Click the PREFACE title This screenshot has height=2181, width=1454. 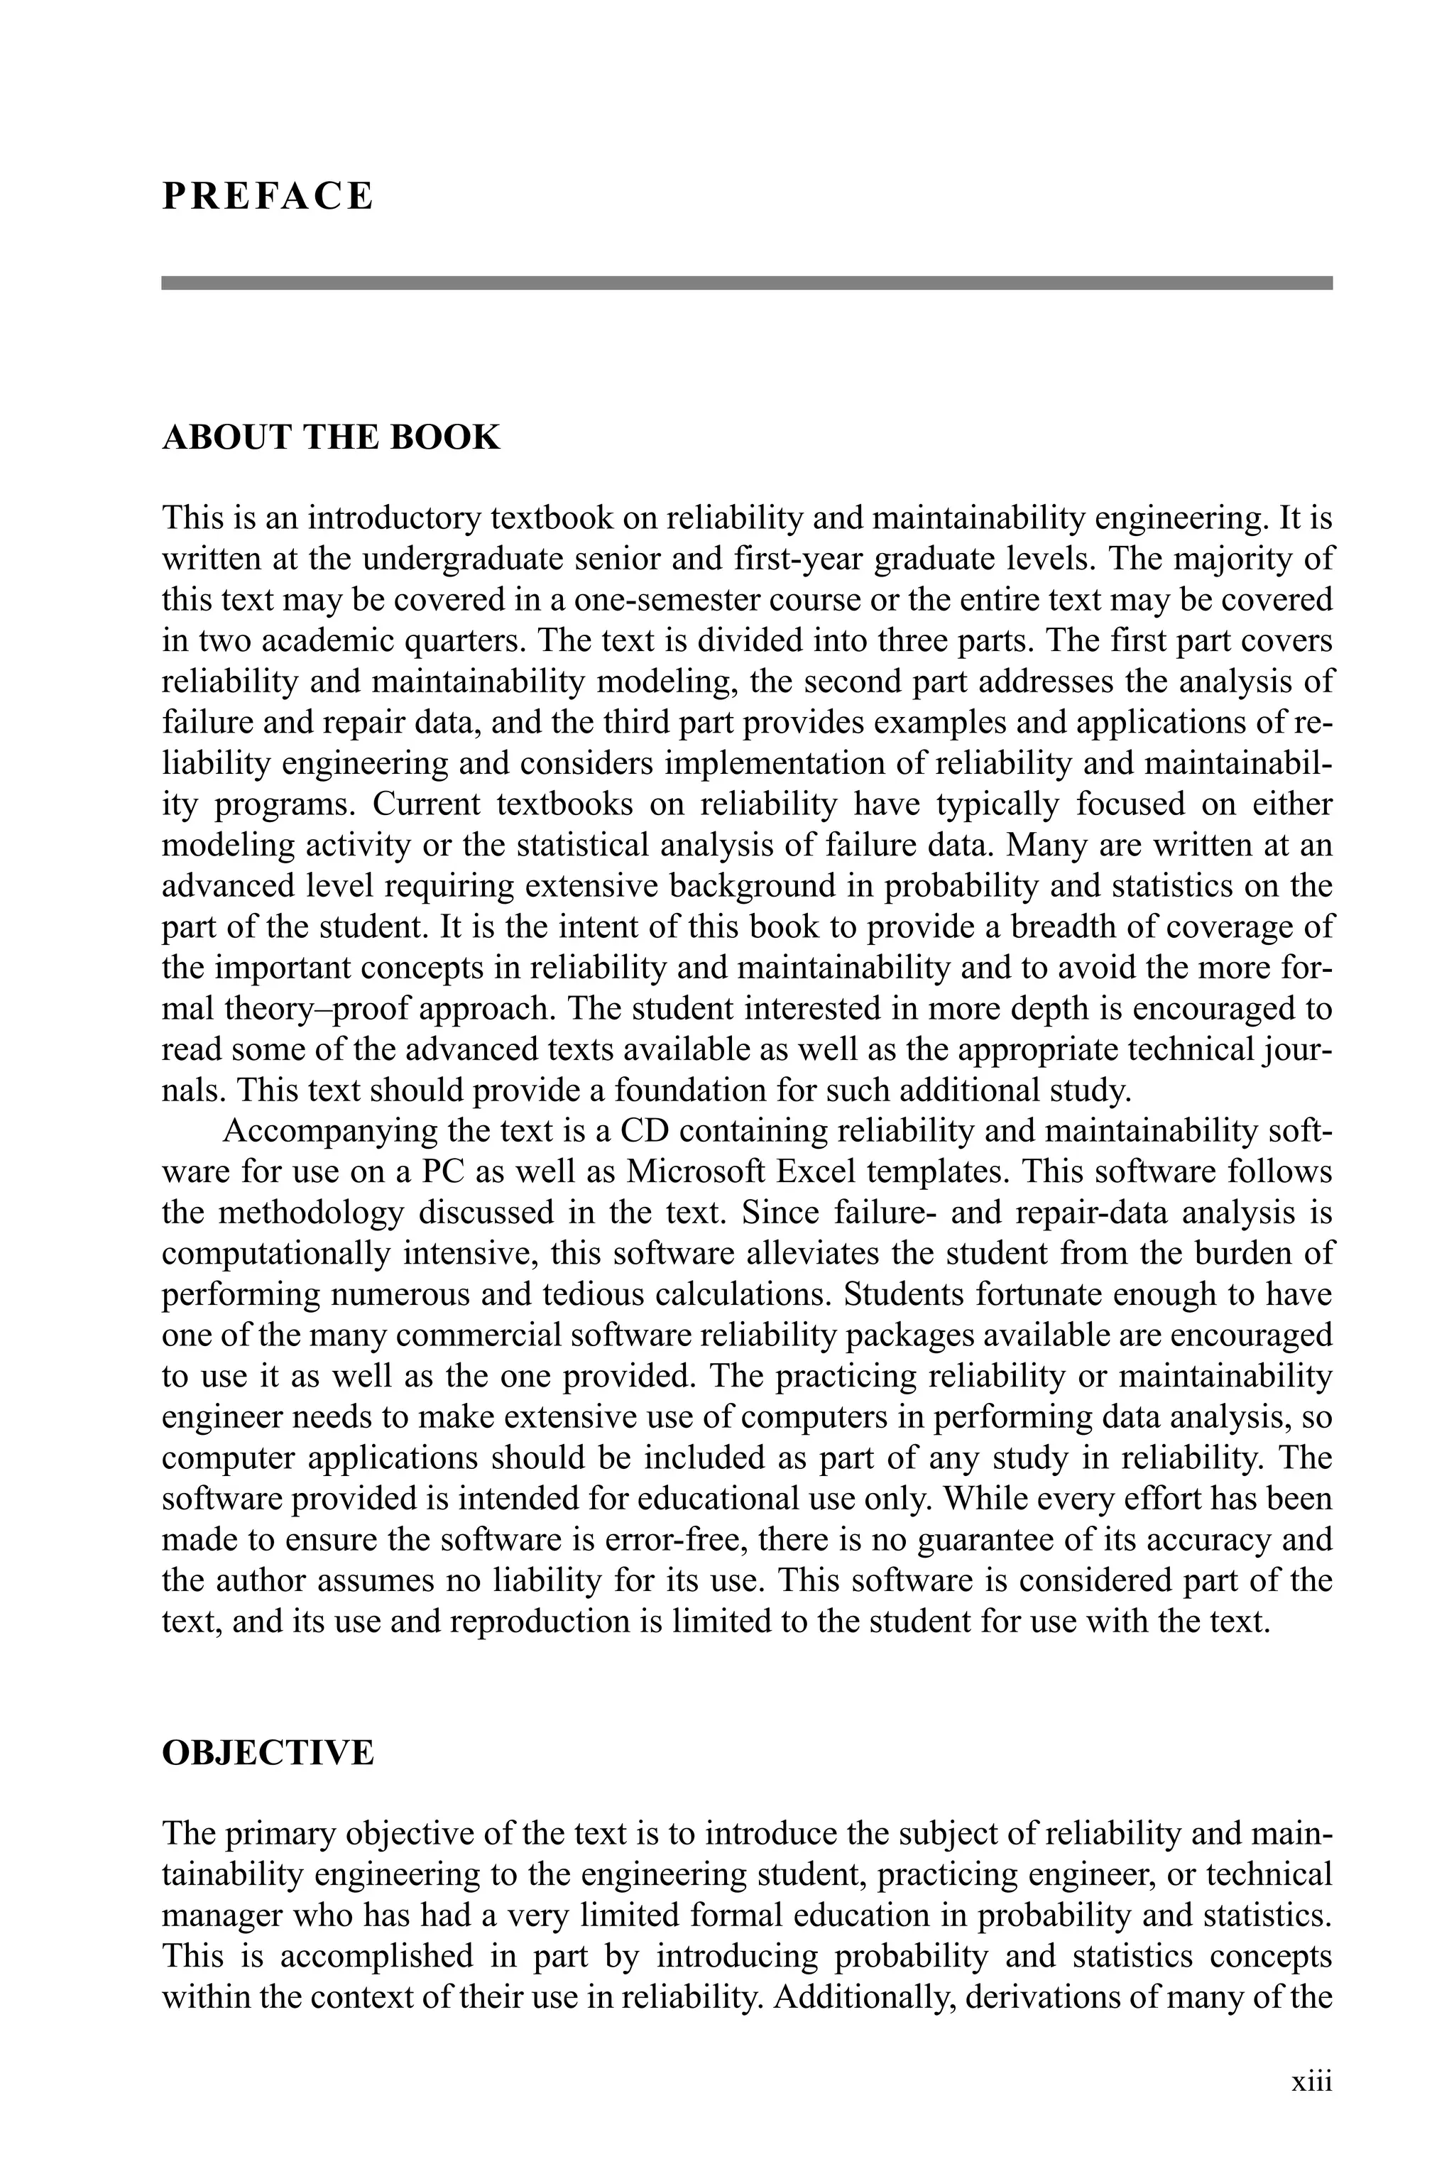pos(268,197)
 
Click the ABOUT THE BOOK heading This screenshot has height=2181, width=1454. pos(331,437)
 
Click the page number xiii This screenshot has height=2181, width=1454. pos(1311,2081)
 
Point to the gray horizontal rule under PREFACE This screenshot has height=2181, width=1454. pos(746,283)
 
